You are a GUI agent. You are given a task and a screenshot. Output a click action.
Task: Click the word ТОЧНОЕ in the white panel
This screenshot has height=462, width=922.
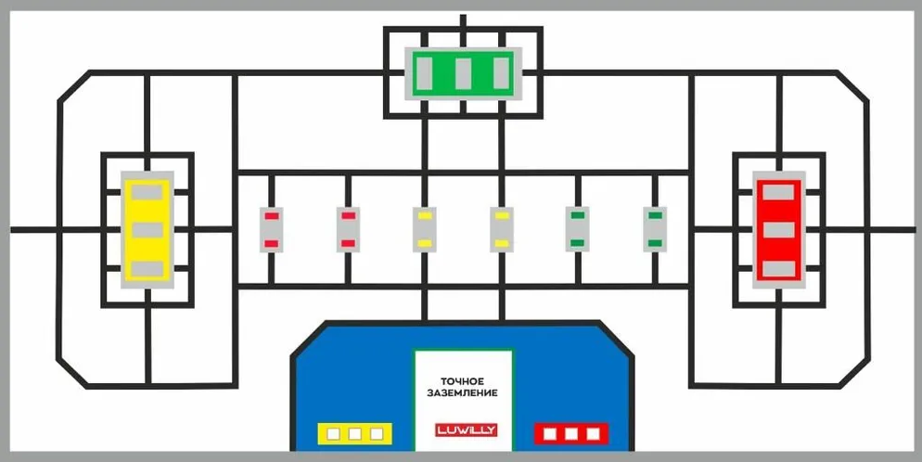463,381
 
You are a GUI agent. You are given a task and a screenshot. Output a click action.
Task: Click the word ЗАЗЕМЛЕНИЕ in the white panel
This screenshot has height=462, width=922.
463,392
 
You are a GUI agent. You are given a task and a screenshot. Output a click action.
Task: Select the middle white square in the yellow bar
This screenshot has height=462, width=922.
354,434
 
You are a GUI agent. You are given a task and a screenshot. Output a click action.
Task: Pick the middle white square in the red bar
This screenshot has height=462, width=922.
571,434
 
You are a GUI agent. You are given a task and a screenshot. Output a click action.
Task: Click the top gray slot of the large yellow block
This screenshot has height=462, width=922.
147,192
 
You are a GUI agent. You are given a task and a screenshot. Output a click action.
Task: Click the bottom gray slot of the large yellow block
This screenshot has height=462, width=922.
147,269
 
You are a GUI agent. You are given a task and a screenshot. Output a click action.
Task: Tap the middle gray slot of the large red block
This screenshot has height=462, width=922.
778,230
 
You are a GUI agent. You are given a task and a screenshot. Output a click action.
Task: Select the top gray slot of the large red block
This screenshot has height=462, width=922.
778,192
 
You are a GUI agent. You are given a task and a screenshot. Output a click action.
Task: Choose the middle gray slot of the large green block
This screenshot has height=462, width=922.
464,73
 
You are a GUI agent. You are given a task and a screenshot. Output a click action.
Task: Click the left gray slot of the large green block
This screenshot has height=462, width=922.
425,73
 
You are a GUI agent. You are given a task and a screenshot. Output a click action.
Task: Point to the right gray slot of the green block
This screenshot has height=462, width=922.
502,73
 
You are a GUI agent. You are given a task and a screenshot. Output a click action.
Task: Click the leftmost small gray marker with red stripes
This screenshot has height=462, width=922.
272,230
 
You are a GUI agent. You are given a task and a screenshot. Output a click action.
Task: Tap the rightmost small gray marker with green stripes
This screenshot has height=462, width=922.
655,229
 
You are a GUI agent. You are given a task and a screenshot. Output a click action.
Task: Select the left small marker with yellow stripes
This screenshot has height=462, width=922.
425,230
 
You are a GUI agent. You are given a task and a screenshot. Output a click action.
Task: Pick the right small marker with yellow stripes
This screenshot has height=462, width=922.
502,230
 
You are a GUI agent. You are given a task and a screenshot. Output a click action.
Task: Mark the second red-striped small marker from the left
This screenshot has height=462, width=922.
348,230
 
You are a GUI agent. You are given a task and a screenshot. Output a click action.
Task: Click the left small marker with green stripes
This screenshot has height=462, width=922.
578,229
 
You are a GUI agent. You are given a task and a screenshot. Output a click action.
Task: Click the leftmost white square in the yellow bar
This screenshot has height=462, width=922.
333,434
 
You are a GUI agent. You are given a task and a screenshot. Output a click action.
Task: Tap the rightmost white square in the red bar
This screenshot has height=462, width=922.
593,434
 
